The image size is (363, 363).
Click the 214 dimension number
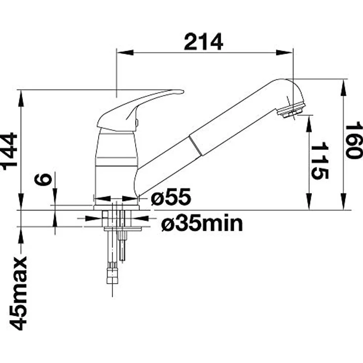click(x=204, y=42)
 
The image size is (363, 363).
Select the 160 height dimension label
click(x=354, y=141)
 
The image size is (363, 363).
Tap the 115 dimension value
click(x=320, y=162)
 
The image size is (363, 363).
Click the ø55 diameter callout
click(x=171, y=197)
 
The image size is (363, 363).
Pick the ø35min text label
click(x=202, y=223)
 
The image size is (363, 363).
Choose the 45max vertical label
click(x=18, y=293)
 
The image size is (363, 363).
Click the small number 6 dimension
click(x=43, y=180)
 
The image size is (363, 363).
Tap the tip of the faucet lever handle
click(x=183, y=92)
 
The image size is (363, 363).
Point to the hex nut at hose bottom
click(x=112, y=275)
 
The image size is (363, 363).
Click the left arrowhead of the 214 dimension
click(x=125, y=53)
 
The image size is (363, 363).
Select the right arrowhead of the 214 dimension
click(x=285, y=53)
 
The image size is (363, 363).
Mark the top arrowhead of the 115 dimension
click(x=310, y=123)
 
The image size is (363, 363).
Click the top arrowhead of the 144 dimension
click(x=21, y=98)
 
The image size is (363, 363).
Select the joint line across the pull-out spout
click(x=196, y=146)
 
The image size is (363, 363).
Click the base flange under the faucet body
click(x=116, y=208)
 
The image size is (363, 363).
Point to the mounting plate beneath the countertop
click(x=123, y=229)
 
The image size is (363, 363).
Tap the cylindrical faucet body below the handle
click(x=116, y=167)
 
